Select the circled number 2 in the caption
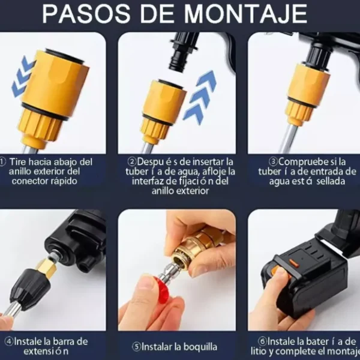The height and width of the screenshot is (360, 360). pos(132,162)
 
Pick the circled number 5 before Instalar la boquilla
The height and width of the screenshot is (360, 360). pos(137,347)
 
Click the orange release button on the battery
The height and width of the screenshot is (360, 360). pos(278,272)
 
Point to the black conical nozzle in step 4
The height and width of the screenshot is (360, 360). pos(25,286)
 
